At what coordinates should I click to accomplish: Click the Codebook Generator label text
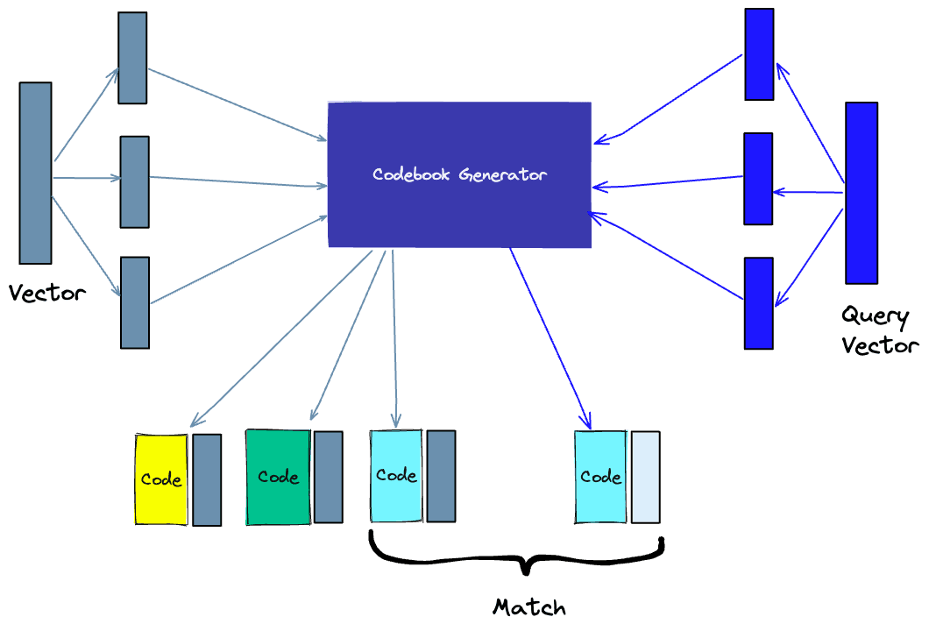coord(459,174)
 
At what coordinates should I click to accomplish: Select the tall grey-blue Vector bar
coord(36,173)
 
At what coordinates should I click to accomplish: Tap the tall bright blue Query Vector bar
coord(861,193)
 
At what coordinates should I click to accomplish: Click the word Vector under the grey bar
coord(47,293)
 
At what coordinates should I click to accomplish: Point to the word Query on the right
coord(875,315)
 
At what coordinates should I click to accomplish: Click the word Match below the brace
coord(529,606)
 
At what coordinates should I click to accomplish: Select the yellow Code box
coord(161,479)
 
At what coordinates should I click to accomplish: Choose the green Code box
coord(278,477)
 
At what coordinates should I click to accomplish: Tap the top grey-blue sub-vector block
coord(132,58)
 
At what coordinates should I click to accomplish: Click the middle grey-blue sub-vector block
coord(134,181)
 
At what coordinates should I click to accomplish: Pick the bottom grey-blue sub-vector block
coord(135,302)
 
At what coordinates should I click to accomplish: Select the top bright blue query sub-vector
coord(759,54)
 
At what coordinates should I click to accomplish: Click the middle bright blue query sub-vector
coord(758,179)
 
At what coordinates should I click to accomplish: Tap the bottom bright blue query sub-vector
coord(759,303)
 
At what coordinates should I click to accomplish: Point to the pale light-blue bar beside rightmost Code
coord(645,477)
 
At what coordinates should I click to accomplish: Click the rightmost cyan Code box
coord(600,477)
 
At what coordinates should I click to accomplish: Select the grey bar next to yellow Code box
coord(207,479)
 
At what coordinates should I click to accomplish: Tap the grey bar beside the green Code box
coord(328,477)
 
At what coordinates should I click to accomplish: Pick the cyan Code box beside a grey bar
coord(396,476)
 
